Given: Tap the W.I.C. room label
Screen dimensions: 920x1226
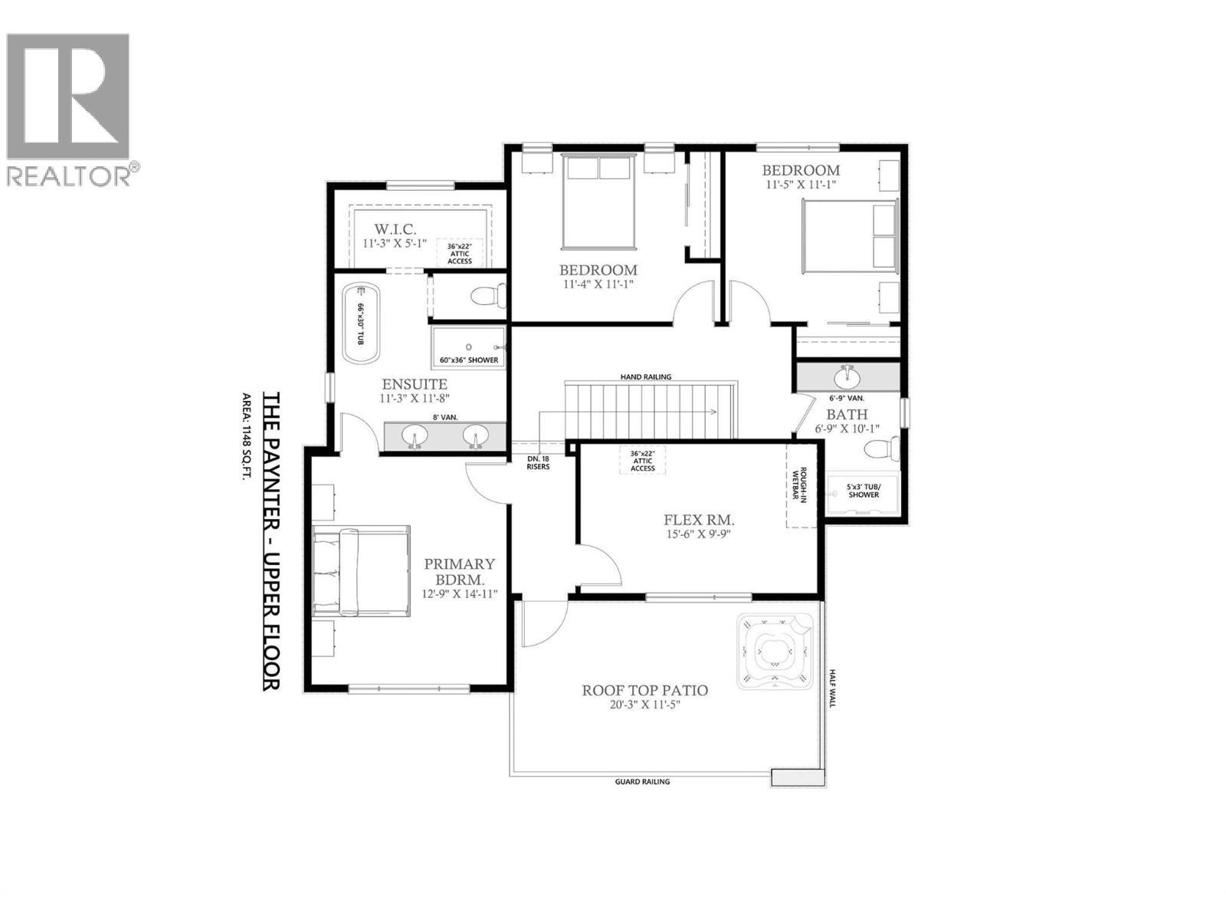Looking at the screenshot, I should pyautogui.click(x=395, y=229).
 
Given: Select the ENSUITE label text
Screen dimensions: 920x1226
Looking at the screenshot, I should pyautogui.click(x=415, y=384).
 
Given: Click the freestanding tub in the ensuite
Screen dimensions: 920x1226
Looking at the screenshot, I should pyautogui.click(x=361, y=325).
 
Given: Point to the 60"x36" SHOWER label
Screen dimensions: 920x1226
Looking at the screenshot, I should pyautogui.click(x=469, y=360).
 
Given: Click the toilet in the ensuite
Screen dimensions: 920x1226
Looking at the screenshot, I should pyautogui.click(x=487, y=295).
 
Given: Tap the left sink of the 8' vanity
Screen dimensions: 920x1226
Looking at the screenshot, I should pyautogui.click(x=415, y=437).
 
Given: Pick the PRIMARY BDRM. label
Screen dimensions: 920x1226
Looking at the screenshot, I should pyautogui.click(x=460, y=571).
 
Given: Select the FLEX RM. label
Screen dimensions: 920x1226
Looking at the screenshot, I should pyautogui.click(x=699, y=521).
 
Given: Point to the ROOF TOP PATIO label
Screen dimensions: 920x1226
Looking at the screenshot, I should pyautogui.click(x=644, y=691).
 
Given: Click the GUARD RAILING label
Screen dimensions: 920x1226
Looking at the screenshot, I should pyautogui.click(x=642, y=782).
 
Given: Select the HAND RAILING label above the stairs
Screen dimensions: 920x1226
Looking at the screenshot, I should pyautogui.click(x=646, y=376).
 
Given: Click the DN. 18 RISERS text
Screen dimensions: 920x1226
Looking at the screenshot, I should pyautogui.click(x=538, y=462).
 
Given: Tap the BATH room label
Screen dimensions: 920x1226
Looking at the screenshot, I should pyautogui.click(x=847, y=415).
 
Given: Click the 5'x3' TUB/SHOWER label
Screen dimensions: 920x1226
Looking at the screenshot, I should pyautogui.click(x=863, y=491).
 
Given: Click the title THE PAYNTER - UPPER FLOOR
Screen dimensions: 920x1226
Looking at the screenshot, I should pyautogui.click(x=271, y=541).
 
